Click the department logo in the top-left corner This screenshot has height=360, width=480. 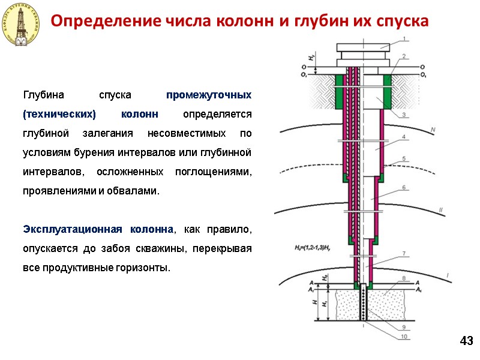(22, 24)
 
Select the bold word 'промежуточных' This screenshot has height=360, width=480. (209, 95)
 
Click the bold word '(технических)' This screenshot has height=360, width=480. (59, 114)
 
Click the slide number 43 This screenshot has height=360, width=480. (466, 341)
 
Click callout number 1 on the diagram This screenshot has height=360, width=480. (404, 39)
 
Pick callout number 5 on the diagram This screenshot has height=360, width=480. (404, 158)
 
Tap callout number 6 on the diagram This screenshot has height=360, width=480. (404, 187)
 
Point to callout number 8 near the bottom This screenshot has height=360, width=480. (404, 278)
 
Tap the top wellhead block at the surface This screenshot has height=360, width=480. (364, 47)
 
